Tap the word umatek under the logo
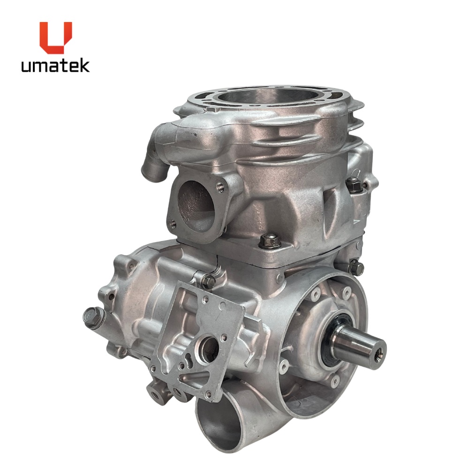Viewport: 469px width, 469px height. [x=55, y=66]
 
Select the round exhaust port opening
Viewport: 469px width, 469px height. [x=196, y=206]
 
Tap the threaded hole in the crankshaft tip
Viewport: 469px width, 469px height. [x=378, y=355]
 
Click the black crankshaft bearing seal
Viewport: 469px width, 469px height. [x=332, y=344]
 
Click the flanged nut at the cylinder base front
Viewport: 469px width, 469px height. [x=270, y=240]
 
